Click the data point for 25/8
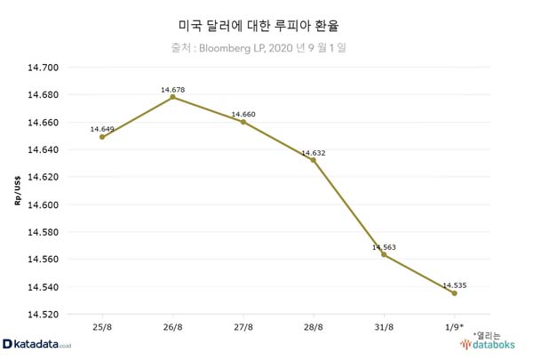point(102,137)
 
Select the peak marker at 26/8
point(172,97)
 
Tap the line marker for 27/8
point(243,122)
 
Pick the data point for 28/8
point(313,160)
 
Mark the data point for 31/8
point(383,255)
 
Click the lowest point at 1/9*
point(454,293)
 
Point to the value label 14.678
point(172,90)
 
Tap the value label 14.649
point(103,129)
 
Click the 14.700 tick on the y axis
point(44,68)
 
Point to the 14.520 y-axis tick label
point(44,315)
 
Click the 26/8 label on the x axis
point(172,329)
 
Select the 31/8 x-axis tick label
point(383,329)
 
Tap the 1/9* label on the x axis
point(454,329)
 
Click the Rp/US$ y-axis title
point(17,191)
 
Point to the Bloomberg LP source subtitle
point(267,48)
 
